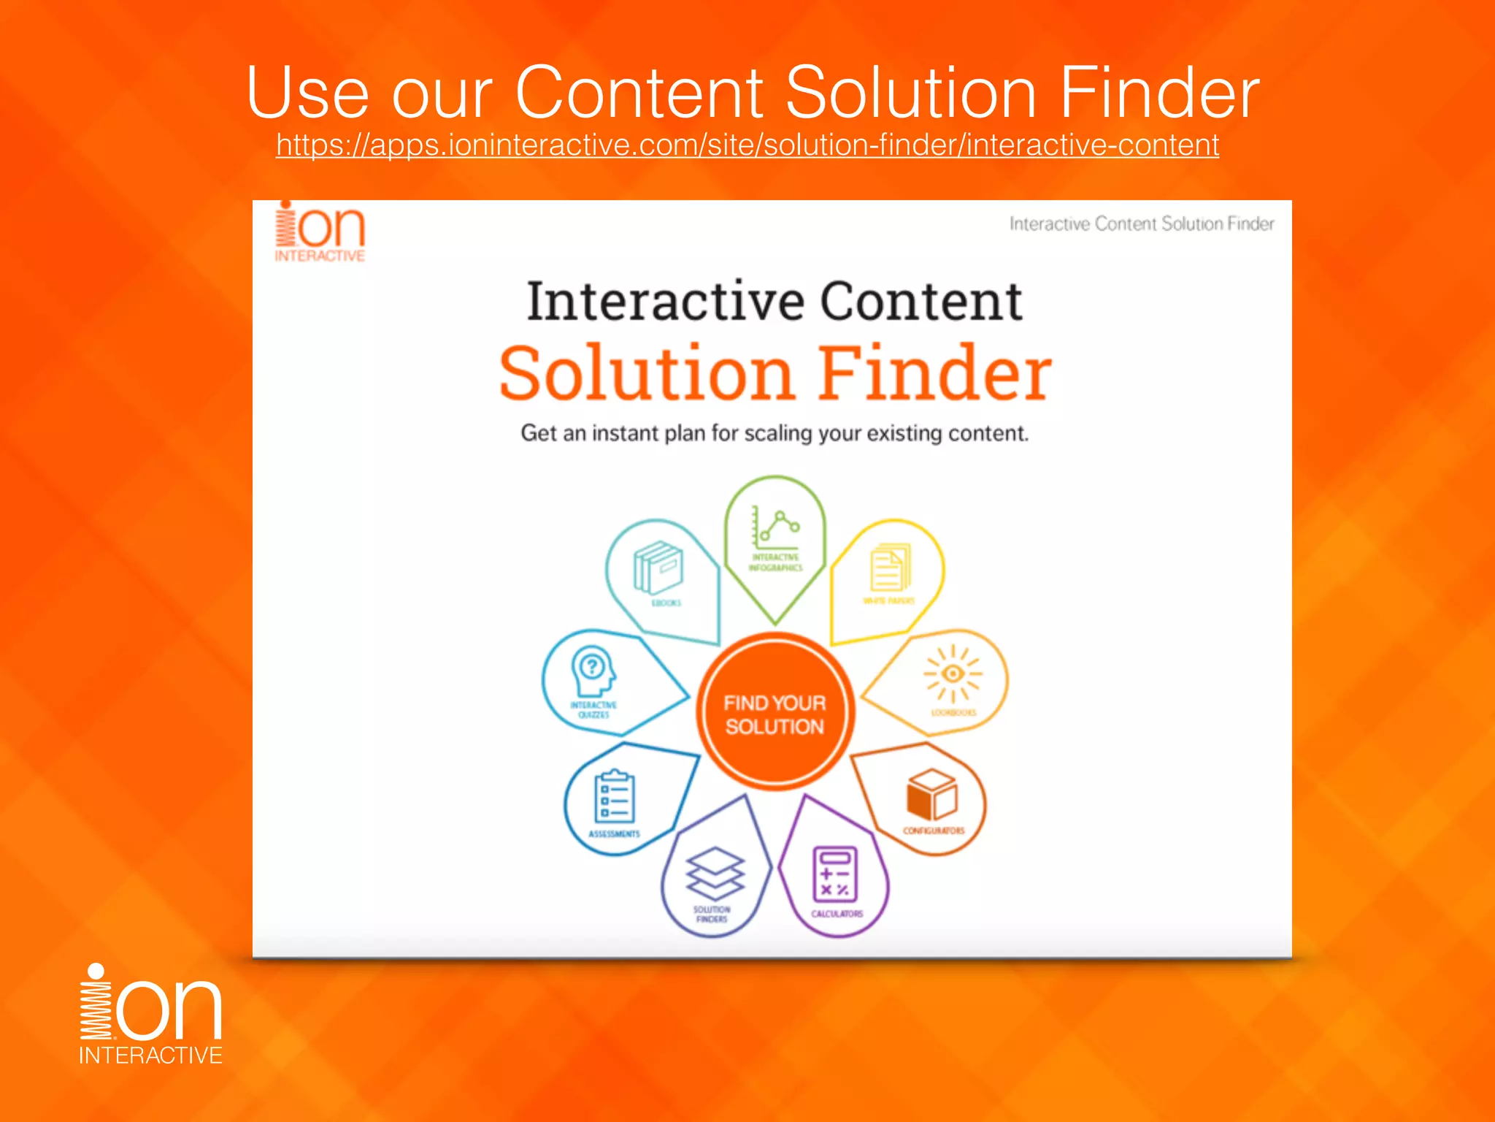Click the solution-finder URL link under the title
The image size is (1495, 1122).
tap(747, 145)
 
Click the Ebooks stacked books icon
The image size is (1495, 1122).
tap(658, 567)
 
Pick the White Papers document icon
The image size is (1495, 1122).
tap(890, 567)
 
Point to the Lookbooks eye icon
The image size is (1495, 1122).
tap(953, 673)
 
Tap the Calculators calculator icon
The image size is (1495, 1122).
tap(835, 874)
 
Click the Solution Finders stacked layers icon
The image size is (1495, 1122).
tap(715, 873)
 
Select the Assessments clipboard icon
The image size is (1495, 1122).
tap(615, 797)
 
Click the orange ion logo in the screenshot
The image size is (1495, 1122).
tap(320, 232)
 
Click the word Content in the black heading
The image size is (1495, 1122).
tap(921, 302)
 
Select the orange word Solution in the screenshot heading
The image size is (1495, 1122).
tap(646, 373)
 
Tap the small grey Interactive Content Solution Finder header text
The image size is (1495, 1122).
tap(1141, 224)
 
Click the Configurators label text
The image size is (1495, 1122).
tap(934, 831)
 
